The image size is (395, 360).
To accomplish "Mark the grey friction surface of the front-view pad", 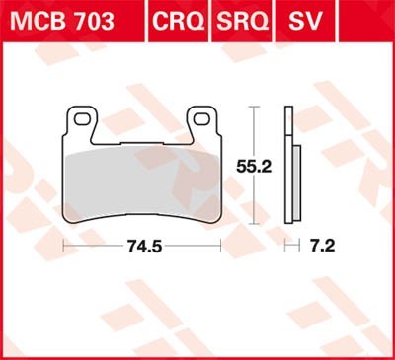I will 148,178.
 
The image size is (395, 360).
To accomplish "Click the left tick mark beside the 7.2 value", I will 286,243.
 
